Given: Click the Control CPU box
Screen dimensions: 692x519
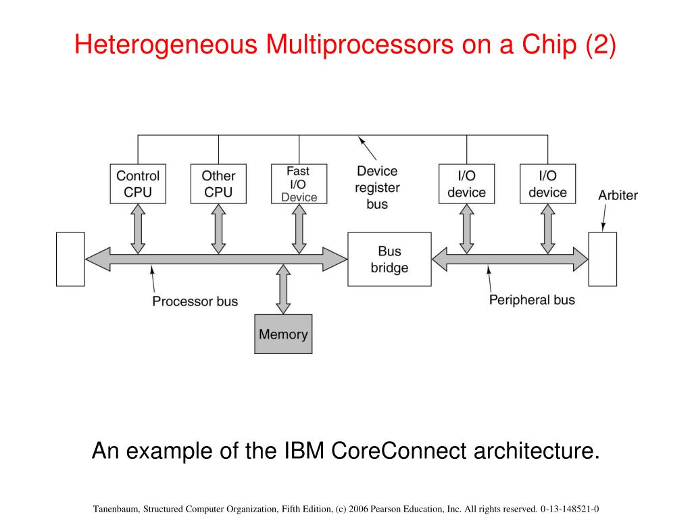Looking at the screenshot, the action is (138, 184).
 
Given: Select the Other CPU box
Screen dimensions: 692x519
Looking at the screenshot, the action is (218, 184).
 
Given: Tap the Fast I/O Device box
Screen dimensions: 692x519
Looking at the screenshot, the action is (299, 184).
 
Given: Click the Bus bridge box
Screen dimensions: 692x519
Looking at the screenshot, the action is (389, 259).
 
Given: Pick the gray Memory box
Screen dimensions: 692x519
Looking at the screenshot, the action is (283, 334).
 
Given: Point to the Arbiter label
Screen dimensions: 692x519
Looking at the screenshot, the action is (618, 195).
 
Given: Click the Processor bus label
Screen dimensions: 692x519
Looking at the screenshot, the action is (195, 301).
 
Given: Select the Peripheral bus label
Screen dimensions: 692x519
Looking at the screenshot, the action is (532, 300).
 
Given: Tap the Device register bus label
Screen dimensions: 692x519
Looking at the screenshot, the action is (377, 188).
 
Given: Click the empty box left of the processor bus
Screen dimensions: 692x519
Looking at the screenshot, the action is (70, 259).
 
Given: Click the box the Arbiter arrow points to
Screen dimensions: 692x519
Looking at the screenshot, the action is (602, 259).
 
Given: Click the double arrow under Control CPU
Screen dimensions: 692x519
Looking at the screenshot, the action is (138, 228).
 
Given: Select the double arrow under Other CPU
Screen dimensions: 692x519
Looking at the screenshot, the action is (218, 228).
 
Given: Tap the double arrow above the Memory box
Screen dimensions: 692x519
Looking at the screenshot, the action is (283, 289).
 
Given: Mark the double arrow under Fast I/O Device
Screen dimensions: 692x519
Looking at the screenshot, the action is (299, 228).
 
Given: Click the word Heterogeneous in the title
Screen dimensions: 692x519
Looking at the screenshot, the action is (166, 45).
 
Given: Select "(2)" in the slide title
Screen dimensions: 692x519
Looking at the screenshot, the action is (600, 45).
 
